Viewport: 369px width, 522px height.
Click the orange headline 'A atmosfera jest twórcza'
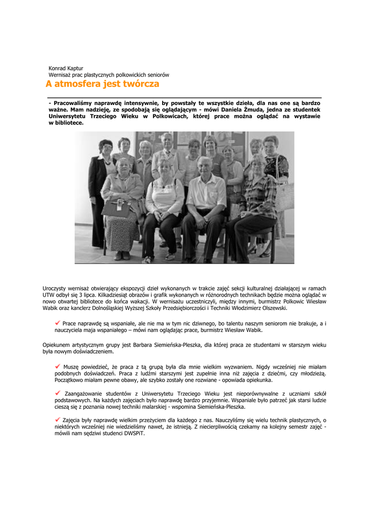(x=102, y=84)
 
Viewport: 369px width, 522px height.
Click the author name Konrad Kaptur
(x=66, y=68)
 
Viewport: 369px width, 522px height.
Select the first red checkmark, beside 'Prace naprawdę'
(x=58, y=323)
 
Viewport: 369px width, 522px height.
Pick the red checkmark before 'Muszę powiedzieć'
(x=58, y=366)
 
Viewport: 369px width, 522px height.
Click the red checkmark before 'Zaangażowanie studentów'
(x=58, y=393)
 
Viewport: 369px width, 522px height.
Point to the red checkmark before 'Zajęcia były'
(x=58, y=420)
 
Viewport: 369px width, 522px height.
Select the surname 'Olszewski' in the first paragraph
(x=272, y=308)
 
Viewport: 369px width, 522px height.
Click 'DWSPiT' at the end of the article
(x=134, y=433)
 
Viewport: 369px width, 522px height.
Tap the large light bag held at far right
(x=284, y=197)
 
